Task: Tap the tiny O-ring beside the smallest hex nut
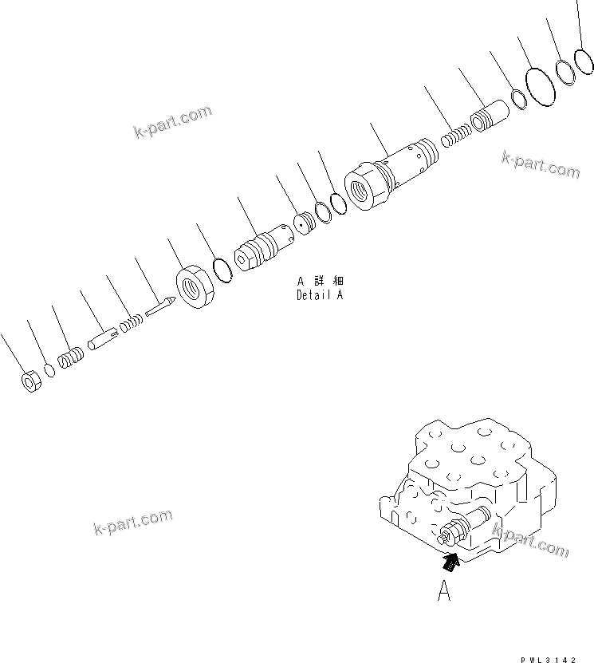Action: coord(49,370)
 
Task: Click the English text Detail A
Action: coord(319,294)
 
